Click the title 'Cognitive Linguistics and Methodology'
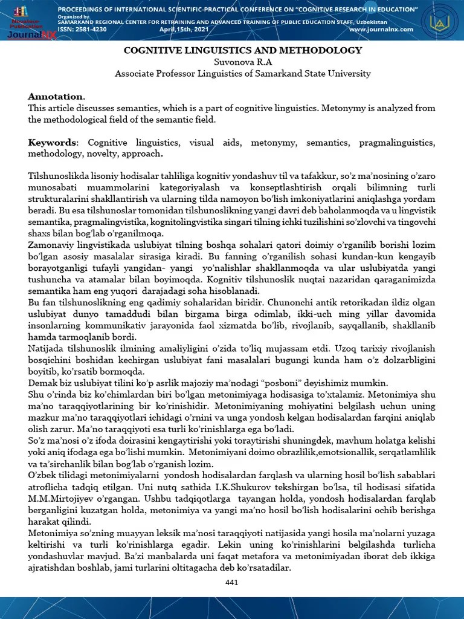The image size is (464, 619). (243, 50)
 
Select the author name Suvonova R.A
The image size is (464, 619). (243, 62)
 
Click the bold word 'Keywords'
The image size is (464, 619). (53, 143)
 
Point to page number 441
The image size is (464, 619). (231, 582)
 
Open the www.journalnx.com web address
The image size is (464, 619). (381, 29)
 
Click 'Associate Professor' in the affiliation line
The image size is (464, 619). (152, 73)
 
